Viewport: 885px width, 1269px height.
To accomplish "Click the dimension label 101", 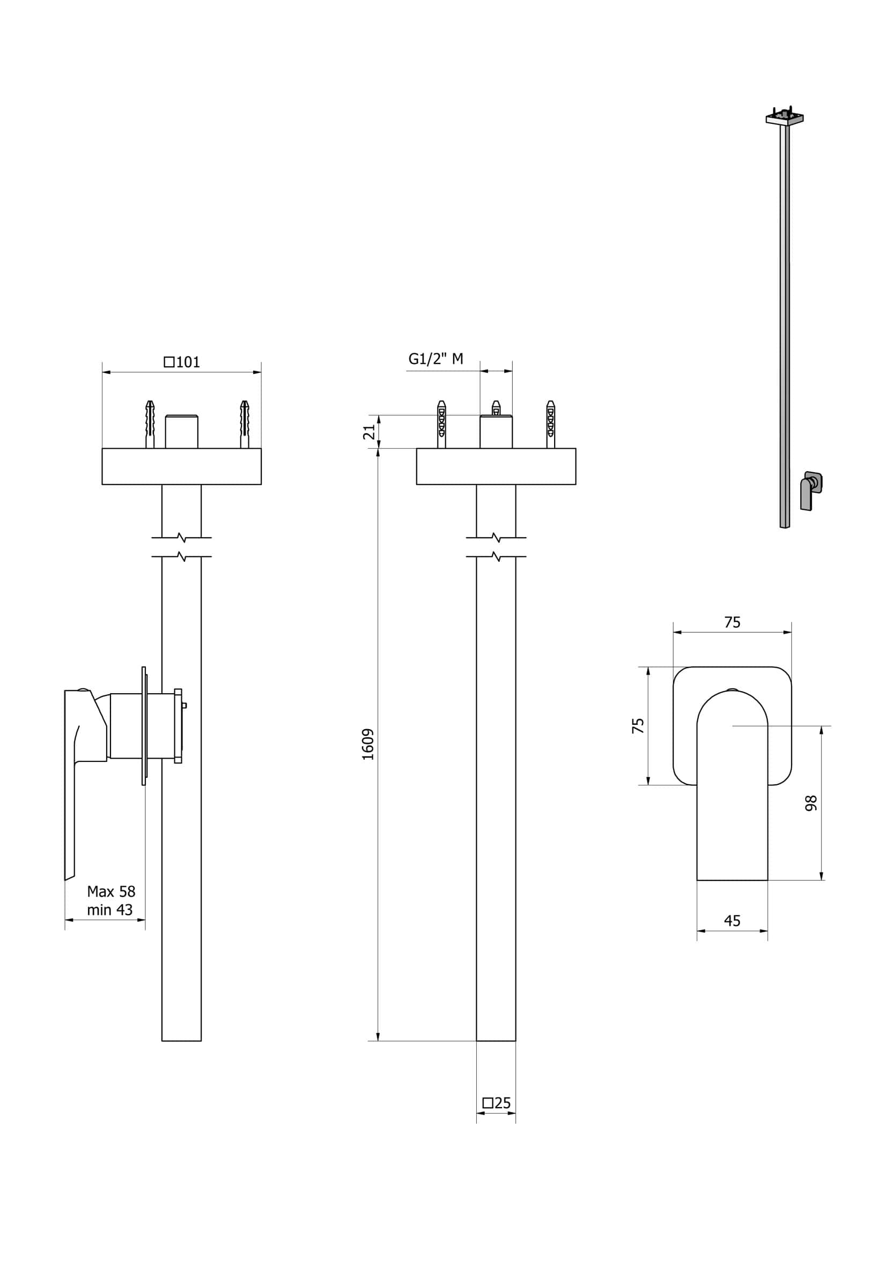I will (x=188, y=362).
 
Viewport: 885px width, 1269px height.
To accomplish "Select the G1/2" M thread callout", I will (x=435, y=359).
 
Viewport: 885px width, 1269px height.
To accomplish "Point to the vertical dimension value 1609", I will (x=367, y=745).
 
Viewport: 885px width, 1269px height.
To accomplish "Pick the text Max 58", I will (x=110, y=892).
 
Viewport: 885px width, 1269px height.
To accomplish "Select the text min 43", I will (x=109, y=910).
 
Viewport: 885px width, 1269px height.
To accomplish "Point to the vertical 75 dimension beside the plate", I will (x=637, y=726).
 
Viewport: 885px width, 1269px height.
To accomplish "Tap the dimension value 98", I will (x=810, y=803).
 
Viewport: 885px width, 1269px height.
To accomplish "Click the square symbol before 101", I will (x=169, y=362).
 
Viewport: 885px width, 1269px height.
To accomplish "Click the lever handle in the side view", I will (x=70, y=774).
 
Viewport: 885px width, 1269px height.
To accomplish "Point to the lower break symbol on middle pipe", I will (x=496, y=556).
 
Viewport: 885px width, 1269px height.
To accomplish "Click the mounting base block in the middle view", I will (x=496, y=466).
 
